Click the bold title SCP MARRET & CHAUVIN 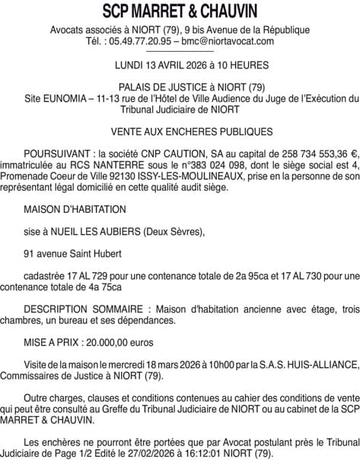(x=180, y=11)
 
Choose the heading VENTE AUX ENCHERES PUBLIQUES (x=180, y=132)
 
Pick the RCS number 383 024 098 (x=183, y=165)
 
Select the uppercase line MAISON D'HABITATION (x=75, y=209)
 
